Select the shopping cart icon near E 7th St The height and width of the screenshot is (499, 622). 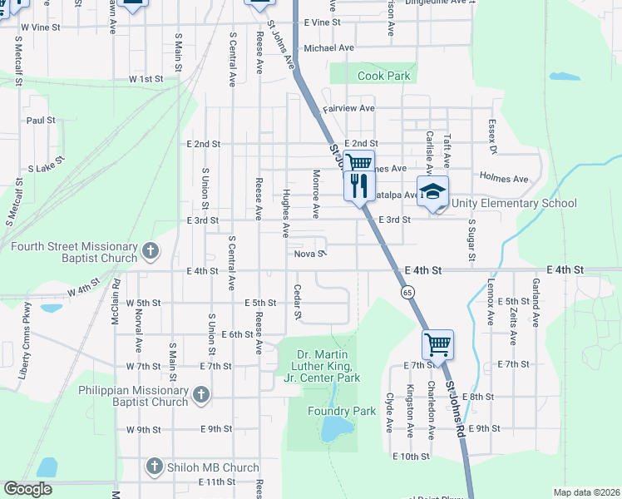click(x=437, y=342)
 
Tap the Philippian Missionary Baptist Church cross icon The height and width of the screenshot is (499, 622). click(x=200, y=396)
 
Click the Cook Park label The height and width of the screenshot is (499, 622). click(x=383, y=76)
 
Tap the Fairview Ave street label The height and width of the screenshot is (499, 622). click(x=348, y=108)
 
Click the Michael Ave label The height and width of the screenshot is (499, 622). click(x=328, y=48)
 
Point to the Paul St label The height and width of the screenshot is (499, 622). click(x=40, y=120)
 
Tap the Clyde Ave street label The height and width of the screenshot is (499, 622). click(x=388, y=413)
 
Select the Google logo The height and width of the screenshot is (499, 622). click(x=27, y=489)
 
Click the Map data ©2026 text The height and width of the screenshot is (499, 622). click(x=585, y=492)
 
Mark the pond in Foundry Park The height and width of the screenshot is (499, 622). click(x=336, y=429)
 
